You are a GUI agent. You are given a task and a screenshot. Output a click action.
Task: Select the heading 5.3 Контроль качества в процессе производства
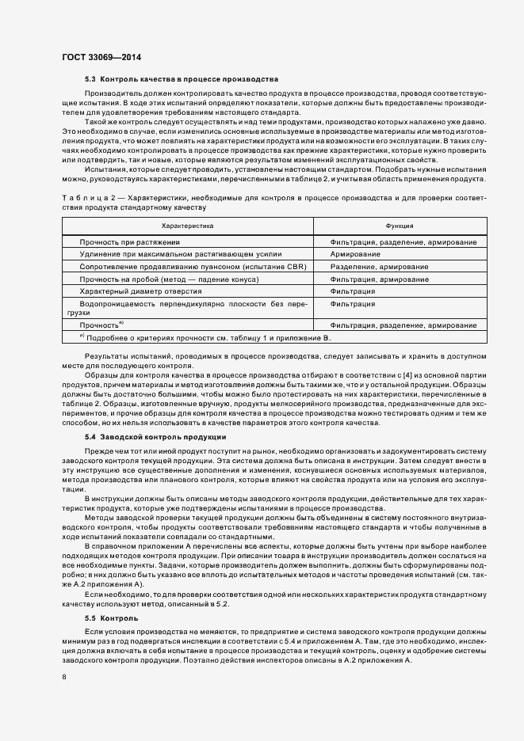181,80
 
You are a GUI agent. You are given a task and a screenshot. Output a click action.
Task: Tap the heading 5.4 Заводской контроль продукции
155,437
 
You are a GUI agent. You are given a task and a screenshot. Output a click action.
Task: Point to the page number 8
64,678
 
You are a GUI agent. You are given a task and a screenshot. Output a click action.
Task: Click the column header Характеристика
187,226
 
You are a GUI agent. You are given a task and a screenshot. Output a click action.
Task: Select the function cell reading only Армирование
355,254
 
